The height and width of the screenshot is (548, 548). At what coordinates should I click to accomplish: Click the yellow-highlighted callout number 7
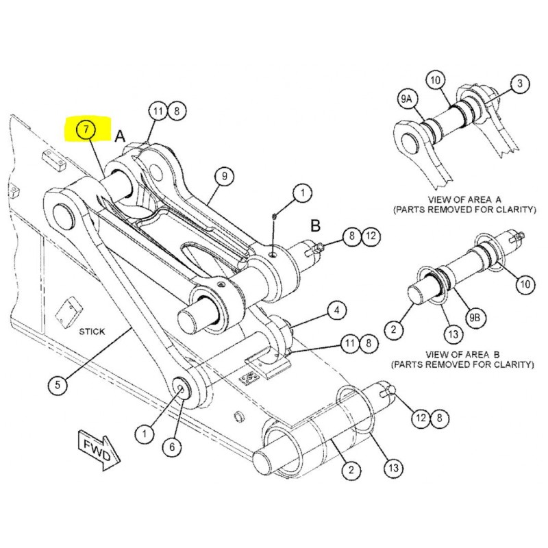(86, 129)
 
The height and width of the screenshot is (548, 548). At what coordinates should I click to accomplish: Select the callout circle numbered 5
(58, 385)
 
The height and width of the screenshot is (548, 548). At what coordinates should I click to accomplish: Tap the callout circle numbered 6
(172, 447)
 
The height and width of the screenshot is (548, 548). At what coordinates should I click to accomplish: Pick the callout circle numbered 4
(336, 311)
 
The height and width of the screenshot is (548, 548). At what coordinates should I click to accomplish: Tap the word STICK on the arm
(92, 332)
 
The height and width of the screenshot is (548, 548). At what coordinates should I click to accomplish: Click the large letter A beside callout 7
(119, 136)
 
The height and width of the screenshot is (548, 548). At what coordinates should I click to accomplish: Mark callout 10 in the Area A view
(435, 80)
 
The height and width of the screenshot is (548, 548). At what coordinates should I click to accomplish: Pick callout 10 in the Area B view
(524, 283)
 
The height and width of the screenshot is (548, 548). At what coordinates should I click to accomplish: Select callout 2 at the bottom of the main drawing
(351, 470)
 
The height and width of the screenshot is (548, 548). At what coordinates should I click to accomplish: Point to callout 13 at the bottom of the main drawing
(392, 469)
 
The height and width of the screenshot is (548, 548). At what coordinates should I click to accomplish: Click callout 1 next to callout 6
(145, 433)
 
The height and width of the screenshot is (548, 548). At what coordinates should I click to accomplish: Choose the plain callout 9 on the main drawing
(223, 176)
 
